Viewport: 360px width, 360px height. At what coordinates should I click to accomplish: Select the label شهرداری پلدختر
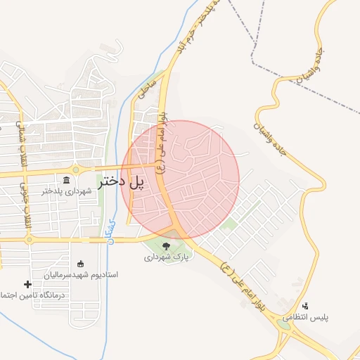64,191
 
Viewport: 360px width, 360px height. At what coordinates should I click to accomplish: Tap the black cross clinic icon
27,284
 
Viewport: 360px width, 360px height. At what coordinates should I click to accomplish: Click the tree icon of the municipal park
166,246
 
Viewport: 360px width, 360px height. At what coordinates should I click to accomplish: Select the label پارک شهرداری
167,257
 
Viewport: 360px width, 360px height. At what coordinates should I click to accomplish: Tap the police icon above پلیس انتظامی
305,306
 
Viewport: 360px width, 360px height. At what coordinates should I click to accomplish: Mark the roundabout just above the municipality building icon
75,169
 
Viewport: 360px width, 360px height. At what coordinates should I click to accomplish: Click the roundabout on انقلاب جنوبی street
29,239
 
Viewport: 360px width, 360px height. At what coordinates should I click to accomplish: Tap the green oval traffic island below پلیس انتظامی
284,324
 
